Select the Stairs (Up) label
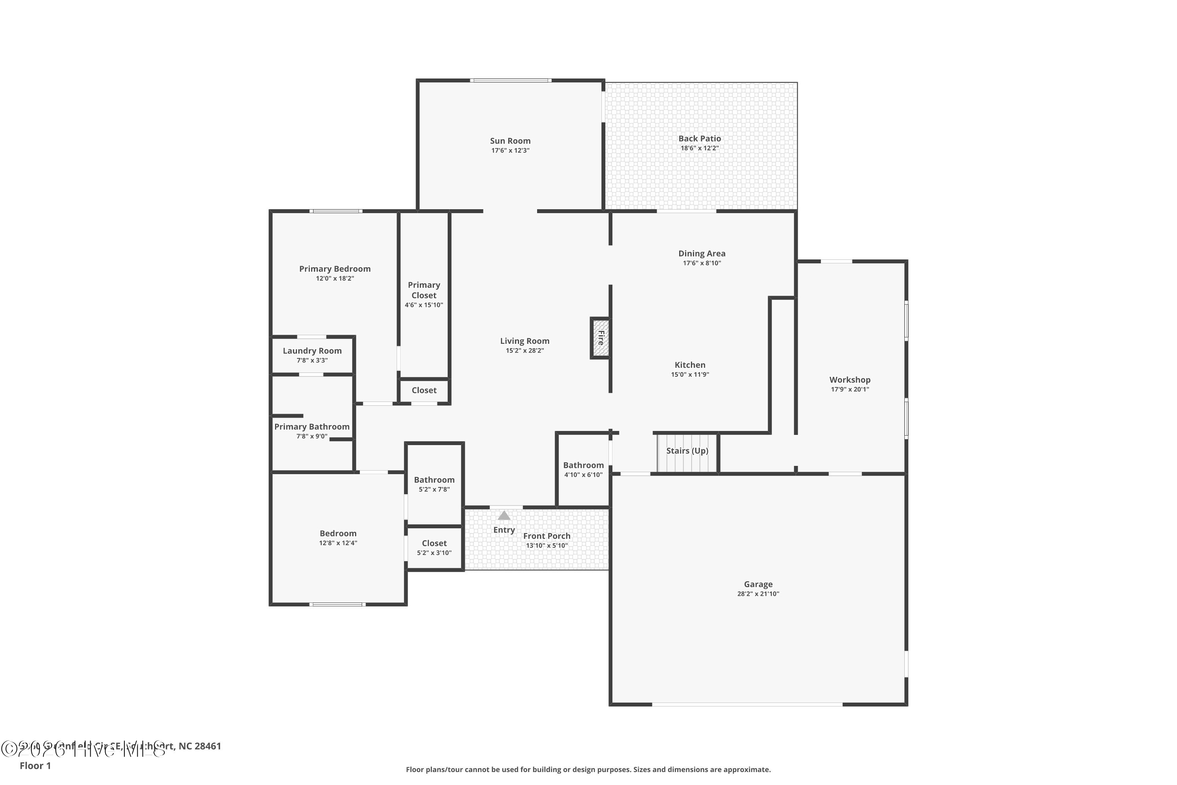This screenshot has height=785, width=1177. tap(687, 451)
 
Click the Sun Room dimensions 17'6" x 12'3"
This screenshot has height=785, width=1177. tap(510, 151)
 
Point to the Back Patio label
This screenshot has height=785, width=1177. tap(699, 139)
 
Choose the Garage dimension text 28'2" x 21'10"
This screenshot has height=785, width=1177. tap(758, 594)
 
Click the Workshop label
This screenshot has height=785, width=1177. tap(849, 380)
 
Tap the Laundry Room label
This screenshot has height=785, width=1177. tap(312, 351)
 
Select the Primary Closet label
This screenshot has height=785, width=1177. tap(424, 290)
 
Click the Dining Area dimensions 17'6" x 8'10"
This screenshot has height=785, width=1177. tap(701, 263)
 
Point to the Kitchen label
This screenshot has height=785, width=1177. tap(690, 365)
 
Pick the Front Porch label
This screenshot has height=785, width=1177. tap(547, 536)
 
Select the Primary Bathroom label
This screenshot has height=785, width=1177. tap(312, 427)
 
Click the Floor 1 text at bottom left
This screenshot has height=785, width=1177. tap(35, 765)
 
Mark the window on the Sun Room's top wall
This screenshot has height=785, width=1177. tap(510, 80)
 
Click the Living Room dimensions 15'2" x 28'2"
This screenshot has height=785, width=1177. tap(525, 351)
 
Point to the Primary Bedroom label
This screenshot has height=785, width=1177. tap(335, 269)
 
